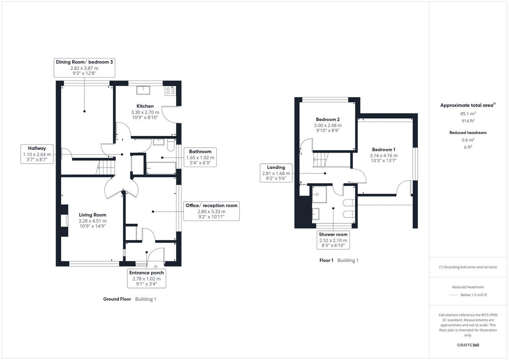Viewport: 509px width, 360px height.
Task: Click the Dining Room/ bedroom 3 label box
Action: (84, 67)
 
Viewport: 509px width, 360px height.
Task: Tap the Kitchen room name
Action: (145, 106)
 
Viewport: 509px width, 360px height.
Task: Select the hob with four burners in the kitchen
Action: (171, 90)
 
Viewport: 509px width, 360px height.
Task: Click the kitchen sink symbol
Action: (143, 89)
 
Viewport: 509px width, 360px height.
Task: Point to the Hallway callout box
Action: (37, 152)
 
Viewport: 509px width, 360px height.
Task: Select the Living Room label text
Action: (92, 215)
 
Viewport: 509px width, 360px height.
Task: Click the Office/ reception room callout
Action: (211, 211)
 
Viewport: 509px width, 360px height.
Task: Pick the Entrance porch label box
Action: (146, 279)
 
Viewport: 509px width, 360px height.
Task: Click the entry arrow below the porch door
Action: (157, 267)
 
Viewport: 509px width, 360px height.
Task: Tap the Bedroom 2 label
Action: (327, 120)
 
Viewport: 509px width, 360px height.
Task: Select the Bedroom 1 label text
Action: (383, 150)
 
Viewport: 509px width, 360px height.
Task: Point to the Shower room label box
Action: (333, 240)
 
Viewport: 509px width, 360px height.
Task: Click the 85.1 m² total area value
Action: (468, 114)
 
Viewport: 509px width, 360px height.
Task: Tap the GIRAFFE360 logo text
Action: (468, 345)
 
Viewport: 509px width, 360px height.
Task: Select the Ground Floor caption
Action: (117, 299)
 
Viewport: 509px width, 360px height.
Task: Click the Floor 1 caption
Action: (326, 260)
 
